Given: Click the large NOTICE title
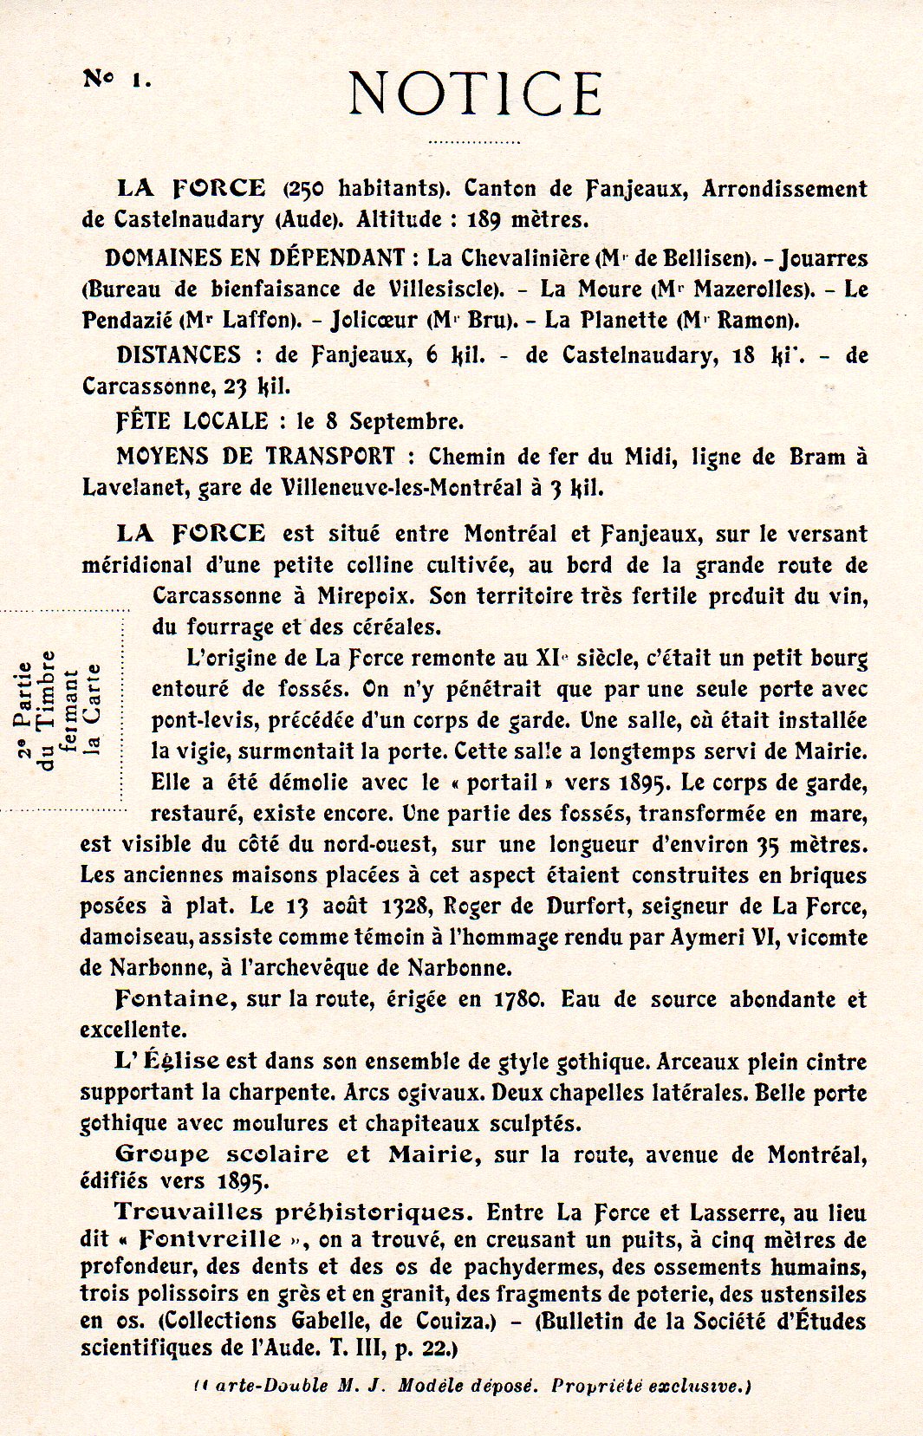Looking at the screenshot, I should click(x=476, y=94).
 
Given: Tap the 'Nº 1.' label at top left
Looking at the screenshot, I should click(x=117, y=79).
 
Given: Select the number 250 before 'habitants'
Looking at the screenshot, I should click(x=308, y=188).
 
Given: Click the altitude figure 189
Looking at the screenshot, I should click(x=484, y=219).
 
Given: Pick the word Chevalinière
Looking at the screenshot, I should click(x=525, y=258).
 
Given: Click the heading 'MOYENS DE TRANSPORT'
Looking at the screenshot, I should click(x=256, y=457).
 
